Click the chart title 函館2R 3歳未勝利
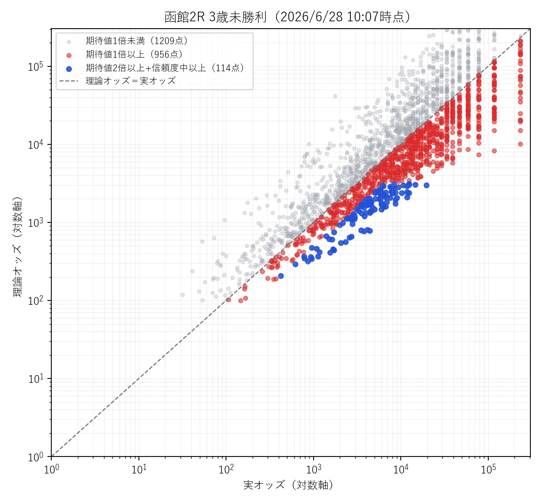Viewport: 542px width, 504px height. click(x=215, y=17)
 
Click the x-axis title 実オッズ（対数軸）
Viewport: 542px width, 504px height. click(x=288, y=485)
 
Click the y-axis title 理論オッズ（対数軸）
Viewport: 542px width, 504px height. click(x=17, y=247)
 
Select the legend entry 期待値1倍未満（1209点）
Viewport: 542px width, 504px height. click(x=137, y=41)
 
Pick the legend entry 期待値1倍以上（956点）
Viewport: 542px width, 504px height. click(x=135, y=54)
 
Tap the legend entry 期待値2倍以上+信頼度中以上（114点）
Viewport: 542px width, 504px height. click(x=165, y=68)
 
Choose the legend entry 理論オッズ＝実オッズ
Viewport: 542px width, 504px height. click(x=131, y=81)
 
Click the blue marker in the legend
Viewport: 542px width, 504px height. click(x=69, y=68)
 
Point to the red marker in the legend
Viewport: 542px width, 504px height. click(x=69, y=55)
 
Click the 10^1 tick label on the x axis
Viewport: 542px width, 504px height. click(x=139, y=469)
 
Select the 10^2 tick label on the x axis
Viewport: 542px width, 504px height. click(x=226, y=469)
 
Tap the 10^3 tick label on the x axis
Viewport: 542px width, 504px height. click(x=314, y=469)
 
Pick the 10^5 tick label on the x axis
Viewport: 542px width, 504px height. click(x=488, y=469)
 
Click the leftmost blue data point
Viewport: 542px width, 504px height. click(x=281, y=276)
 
